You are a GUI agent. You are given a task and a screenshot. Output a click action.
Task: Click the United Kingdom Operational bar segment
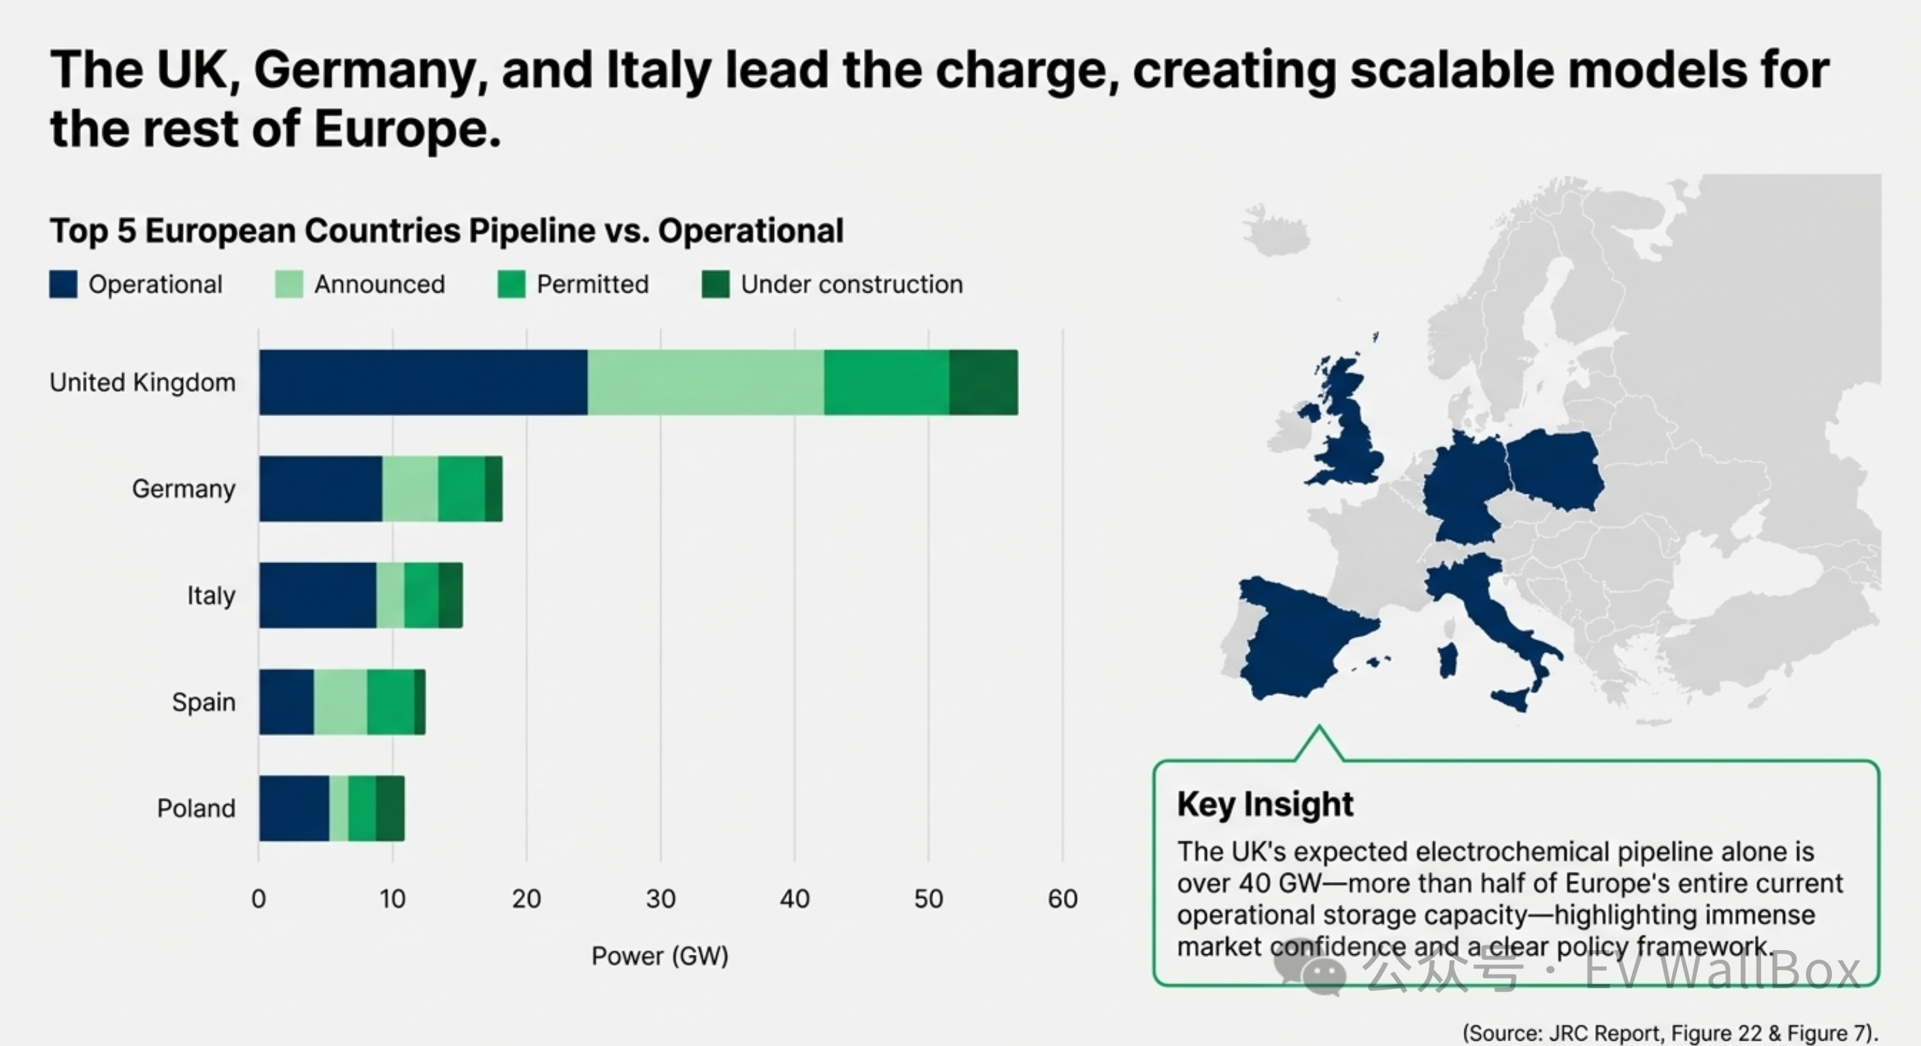424,382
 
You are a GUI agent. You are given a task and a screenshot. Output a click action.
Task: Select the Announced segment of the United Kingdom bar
705,382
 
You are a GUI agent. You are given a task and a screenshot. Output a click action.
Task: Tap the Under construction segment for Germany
494,488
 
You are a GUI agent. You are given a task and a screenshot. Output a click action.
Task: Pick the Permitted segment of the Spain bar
390,702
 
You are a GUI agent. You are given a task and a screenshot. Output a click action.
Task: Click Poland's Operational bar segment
295,808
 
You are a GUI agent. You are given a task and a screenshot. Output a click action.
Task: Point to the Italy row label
211,596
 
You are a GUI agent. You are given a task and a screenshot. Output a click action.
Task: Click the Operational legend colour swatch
63,284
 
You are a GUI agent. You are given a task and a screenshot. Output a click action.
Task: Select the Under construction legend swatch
716,284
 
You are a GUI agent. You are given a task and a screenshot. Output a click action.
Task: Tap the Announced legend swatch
288,284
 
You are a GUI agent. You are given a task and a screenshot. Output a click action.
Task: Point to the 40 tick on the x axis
795,898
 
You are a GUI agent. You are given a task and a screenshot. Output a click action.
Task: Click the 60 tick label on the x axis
1063,898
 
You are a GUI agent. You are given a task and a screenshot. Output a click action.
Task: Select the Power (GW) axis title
660,956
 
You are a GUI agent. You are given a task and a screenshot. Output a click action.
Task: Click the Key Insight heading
1265,804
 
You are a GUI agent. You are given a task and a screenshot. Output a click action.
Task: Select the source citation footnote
1670,1032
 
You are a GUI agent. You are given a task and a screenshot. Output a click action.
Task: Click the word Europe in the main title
407,129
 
